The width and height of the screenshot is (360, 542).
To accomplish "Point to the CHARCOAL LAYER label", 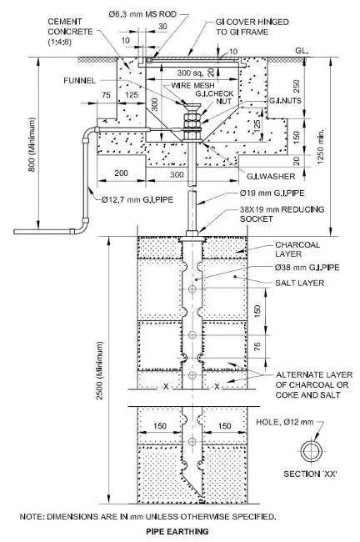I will (298, 249).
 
